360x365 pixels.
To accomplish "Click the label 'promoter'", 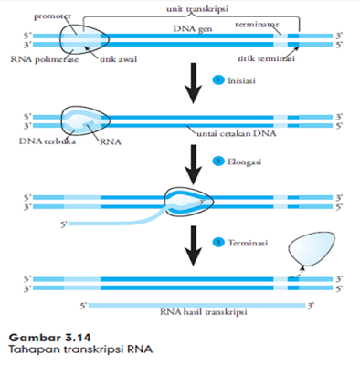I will point(51,16).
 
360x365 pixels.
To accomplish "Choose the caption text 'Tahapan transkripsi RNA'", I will point(69,350).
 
